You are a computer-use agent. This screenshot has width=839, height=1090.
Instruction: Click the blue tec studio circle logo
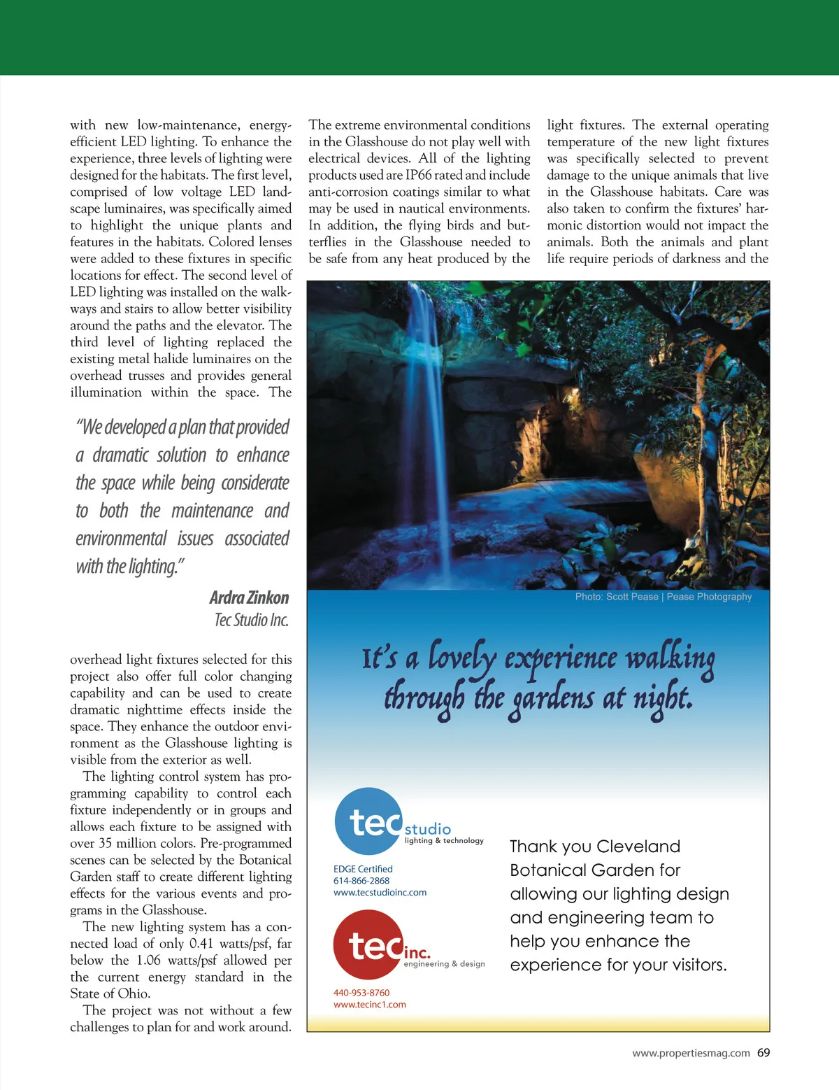368,821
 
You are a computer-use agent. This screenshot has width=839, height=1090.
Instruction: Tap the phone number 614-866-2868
361,881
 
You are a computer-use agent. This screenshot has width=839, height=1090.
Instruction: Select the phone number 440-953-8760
361,993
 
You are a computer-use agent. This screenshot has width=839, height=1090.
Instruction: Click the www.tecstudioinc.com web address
380,893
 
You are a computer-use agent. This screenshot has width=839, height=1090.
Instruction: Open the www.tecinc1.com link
369,1005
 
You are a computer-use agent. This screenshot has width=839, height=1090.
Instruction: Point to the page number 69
763,1053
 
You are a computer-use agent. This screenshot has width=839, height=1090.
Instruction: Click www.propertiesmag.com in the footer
691,1053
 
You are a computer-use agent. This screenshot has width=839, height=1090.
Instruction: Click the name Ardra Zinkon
249,597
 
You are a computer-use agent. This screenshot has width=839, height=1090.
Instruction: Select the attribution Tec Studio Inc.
252,620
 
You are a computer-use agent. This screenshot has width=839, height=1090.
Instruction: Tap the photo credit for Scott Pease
664,597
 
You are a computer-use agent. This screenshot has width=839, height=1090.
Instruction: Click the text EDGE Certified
363,869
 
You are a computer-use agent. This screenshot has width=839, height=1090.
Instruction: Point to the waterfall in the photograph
426,420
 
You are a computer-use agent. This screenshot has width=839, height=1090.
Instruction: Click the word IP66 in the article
419,175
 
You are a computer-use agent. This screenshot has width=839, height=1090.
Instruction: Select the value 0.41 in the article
201,944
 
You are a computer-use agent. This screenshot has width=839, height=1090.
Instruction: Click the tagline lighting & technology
444,841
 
